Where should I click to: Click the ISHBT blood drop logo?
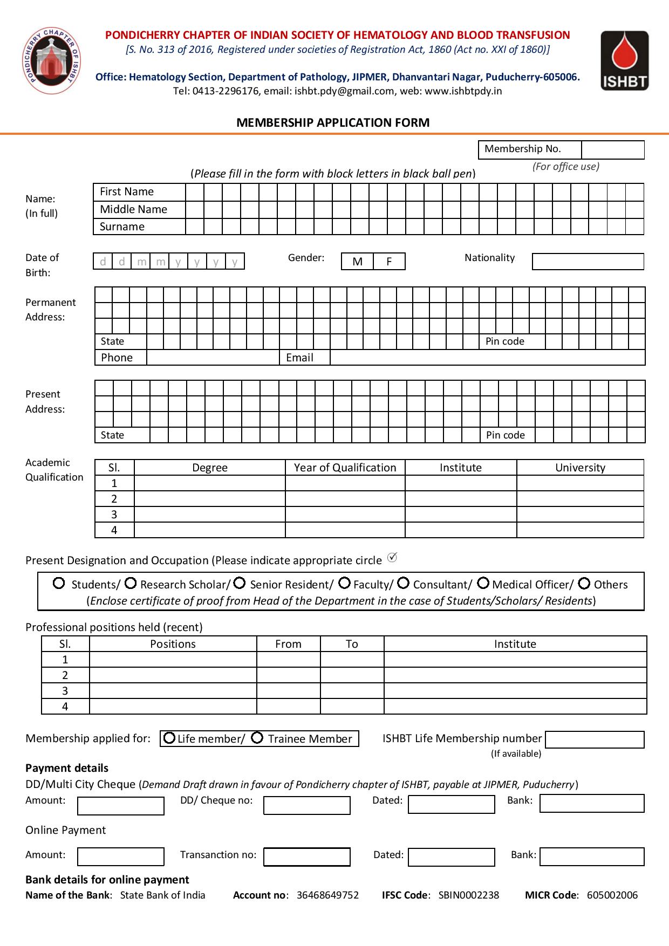coord(624,60)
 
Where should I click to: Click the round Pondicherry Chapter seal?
coord(52,60)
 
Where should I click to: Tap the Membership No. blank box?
coord(612,149)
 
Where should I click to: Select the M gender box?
coord(357,262)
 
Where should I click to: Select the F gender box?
coord(389,262)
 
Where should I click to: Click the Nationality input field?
coord(588,262)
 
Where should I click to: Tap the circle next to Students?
coord(59,584)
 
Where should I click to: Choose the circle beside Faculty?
coord(345,584)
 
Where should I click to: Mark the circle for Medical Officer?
coord(483,584)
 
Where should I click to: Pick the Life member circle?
coord(169,738)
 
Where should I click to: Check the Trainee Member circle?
coord(258,738)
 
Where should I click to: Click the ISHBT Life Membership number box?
coord(595,739)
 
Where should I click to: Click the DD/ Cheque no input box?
coord(306,805)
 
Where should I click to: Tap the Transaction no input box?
coord(306,856)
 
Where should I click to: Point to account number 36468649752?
coord(327,895)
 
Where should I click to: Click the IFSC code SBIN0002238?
coord(468,895)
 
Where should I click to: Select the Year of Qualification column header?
coord(345,468)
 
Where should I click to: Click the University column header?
coord(580,468)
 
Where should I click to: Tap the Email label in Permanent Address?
coord(299,358)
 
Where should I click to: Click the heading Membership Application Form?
coord(333,122)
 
